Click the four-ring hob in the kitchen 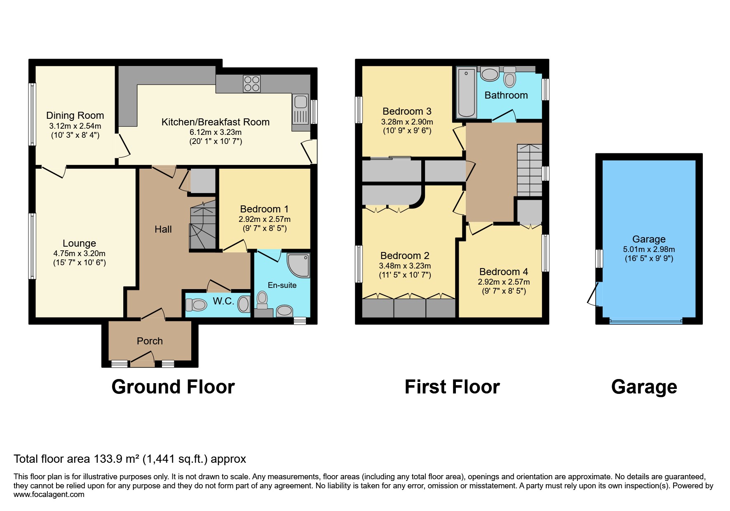point(252,84)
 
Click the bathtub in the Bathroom point(466,93)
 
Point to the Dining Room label point(75,115)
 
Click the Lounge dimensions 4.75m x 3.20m point(79,254)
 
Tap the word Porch point(150,341)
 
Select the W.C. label point(223,301)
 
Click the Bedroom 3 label point(407,111)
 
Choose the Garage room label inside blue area point(649,239)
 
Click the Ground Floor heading point(173,387)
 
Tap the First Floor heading point(452,387)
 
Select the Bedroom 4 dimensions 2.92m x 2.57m point(504,282)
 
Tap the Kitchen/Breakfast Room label point(215,122)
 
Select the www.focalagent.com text point(49,495)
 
